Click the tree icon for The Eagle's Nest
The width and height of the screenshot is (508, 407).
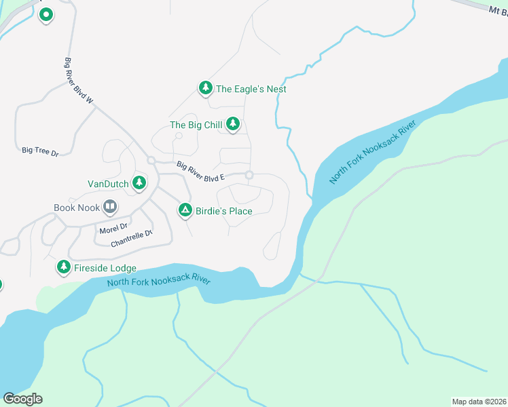[205, 88]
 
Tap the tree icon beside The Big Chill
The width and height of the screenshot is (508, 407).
[233, 123]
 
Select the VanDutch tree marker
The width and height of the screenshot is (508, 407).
[139, 182]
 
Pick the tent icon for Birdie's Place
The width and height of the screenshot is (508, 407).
[185, 210]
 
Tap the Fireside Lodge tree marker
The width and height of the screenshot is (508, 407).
[64, 267]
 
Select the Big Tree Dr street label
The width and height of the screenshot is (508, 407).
[40, 151]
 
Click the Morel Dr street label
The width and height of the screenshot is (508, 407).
[113, 228]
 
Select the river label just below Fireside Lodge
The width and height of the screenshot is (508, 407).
[158, 282]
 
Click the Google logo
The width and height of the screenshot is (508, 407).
[22, 399]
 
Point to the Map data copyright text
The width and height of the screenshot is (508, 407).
[479, 402]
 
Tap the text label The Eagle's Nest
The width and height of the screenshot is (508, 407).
[251, 89]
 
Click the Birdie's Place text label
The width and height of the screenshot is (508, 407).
[223, 211]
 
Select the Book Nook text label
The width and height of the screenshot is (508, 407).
[77, 208]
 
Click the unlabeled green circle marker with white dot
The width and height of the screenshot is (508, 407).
[46, 14]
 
